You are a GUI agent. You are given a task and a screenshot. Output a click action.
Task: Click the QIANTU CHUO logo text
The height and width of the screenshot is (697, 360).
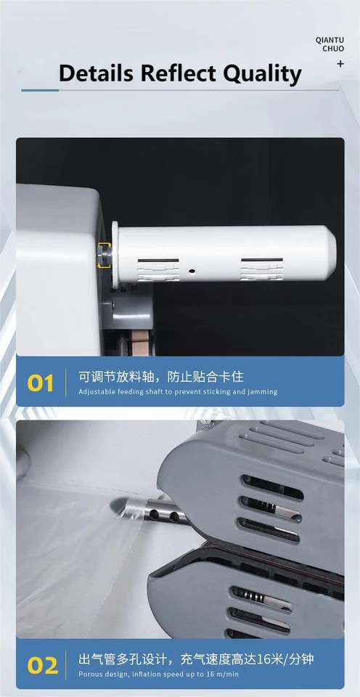tap(330, 43)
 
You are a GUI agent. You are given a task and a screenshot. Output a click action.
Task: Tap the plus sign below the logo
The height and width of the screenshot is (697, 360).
tap(340, 64)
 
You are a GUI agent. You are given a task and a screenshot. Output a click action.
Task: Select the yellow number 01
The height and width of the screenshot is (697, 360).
tap(41, 383)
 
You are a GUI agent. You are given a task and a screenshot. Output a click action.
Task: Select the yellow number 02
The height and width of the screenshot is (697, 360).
tap(42, 664)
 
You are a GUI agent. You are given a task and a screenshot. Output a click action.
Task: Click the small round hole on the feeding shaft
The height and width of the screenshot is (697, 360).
tap(192, 270)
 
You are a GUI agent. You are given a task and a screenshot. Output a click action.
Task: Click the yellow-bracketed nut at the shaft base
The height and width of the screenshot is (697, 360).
tap(104, 255)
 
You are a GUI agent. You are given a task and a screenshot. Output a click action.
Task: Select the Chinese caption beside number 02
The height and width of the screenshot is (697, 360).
tap(196, 659)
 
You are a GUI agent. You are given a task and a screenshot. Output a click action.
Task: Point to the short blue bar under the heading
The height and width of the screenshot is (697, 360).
tap(40, 90)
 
